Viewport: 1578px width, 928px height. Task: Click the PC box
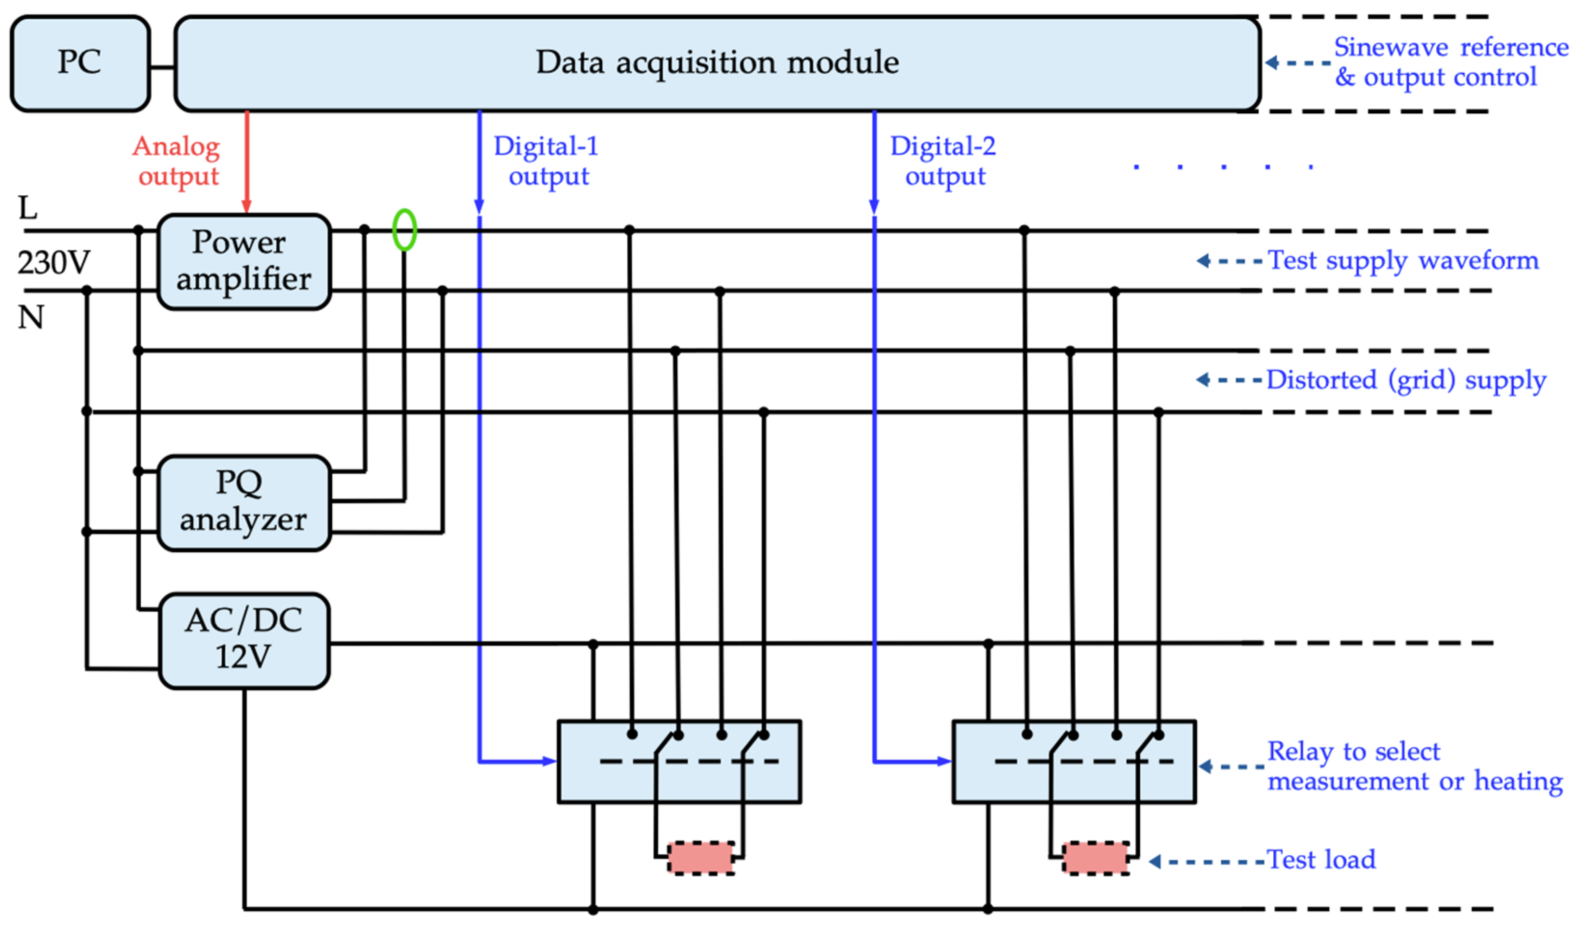tap(80, 63)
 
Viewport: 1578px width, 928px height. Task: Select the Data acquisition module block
tap(716, 63)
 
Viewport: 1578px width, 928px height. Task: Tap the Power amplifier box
tap(243, 261)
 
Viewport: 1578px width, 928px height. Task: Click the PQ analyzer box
tap(243, 502)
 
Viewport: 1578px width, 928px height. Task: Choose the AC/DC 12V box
tap(243, 640)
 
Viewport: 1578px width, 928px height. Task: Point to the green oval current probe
tap(405, 230)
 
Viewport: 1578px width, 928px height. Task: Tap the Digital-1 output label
tap(547, 161)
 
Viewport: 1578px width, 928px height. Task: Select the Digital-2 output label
tap(943, 161)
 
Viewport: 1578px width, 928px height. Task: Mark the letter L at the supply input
tap(27, 208)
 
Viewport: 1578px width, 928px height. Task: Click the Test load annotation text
tap(1321, 860)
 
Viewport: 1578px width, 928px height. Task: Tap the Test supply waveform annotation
tap(1403, 260)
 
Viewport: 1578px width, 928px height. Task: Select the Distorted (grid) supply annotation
tap(1406, 380)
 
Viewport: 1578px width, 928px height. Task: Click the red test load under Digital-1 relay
tap(701, 858)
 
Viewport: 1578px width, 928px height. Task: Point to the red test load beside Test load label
tap(1096, 858)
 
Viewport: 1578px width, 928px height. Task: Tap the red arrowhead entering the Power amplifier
tap(247, 207)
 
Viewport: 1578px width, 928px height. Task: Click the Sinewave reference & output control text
tap(1450, 63)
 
